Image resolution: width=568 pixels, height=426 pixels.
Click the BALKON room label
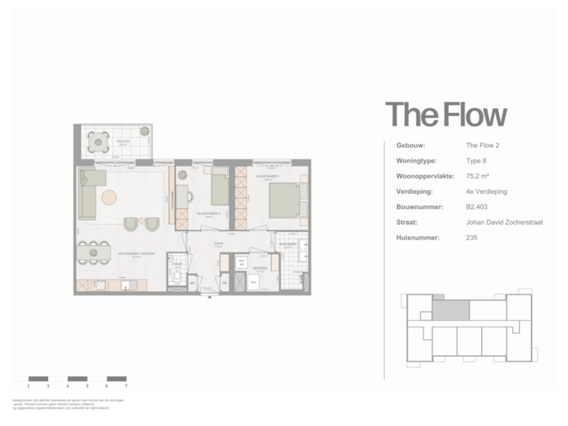coord(123,142)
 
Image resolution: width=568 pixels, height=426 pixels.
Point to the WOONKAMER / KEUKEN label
coord(136,253)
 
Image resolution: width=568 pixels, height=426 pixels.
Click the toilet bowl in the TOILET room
coord(176,278)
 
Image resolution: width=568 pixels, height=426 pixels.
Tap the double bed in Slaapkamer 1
coord(284,201)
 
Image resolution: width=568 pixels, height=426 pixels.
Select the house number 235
coord(472,237)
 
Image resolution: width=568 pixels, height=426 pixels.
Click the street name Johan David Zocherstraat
coord(499,222)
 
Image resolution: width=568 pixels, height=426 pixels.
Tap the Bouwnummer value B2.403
coord(477,207)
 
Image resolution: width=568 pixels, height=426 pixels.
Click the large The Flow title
coord(446,115)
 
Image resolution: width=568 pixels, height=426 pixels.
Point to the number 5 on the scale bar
coord(87,387)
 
